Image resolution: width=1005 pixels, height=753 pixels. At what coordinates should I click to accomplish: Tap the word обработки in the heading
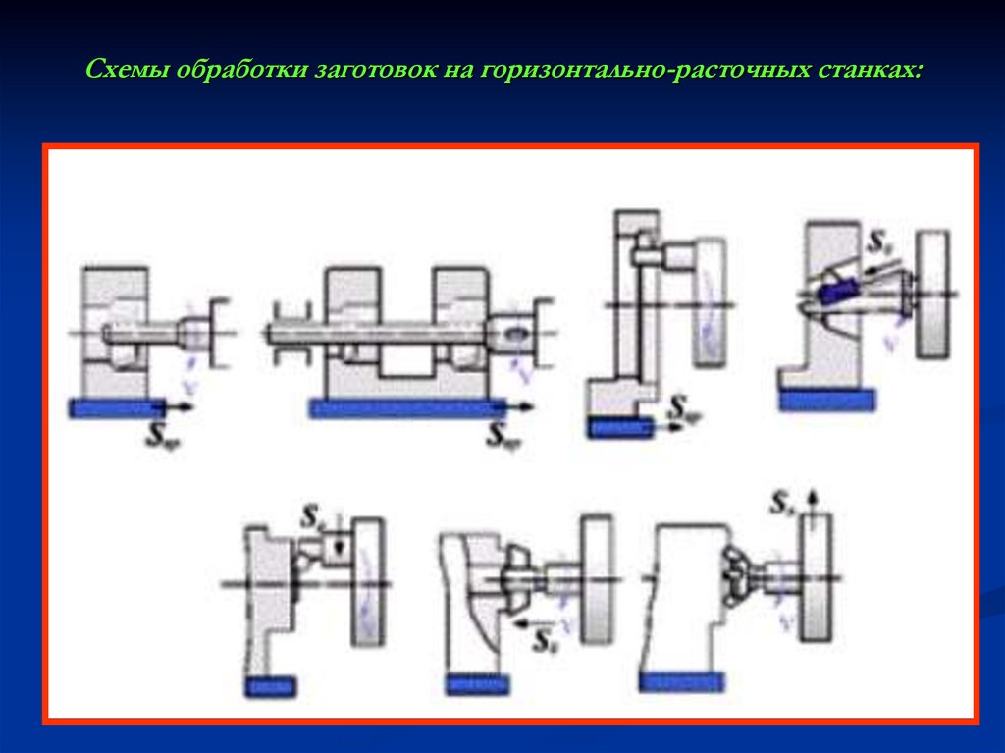(232, 73)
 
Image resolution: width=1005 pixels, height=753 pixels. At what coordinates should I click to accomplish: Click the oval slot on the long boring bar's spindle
(513, 334)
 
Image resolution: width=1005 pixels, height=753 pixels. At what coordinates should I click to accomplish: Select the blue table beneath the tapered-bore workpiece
(826, 399)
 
